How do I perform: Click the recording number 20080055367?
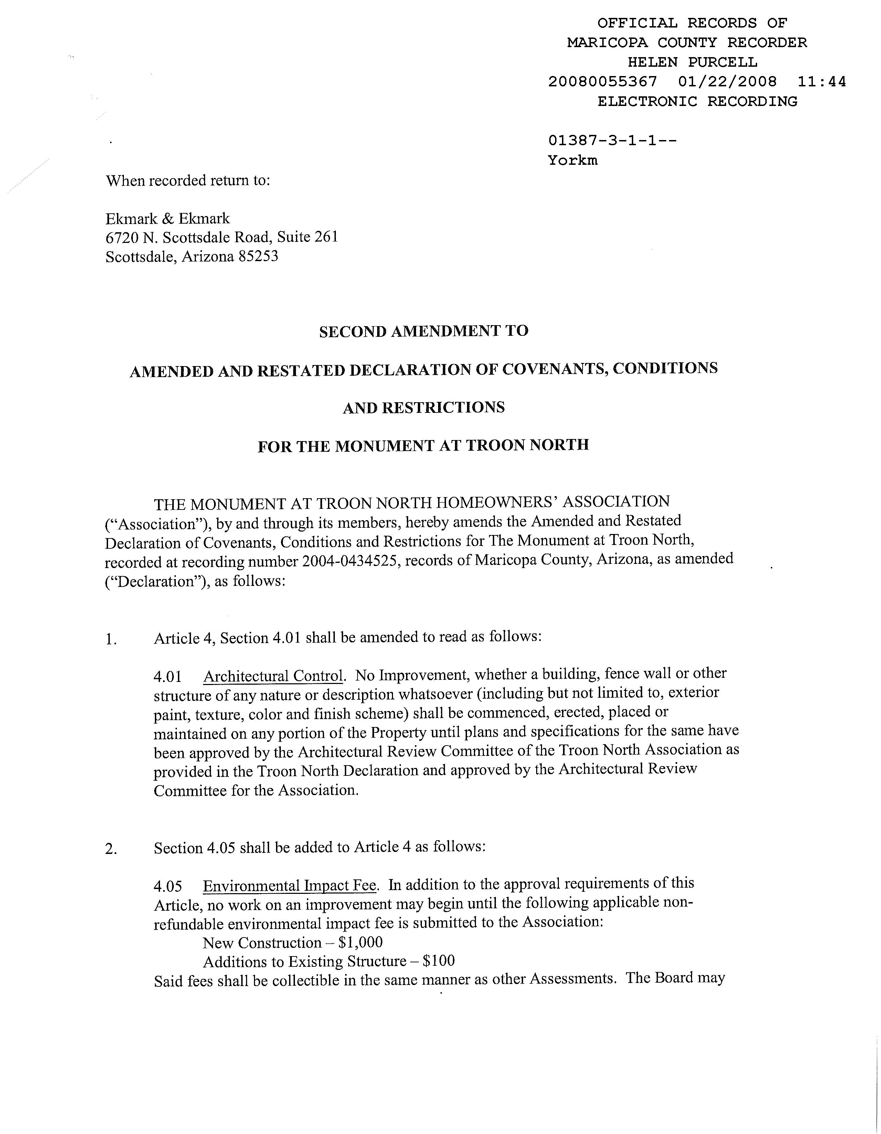[602, 82]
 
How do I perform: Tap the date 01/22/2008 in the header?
[727, 82]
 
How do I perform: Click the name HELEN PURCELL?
[692, 62]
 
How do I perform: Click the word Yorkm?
[572, 160]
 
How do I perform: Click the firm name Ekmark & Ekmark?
[167, 218]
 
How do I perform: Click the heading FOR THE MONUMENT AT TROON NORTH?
[423, 446]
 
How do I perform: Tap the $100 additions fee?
[438, 961]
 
